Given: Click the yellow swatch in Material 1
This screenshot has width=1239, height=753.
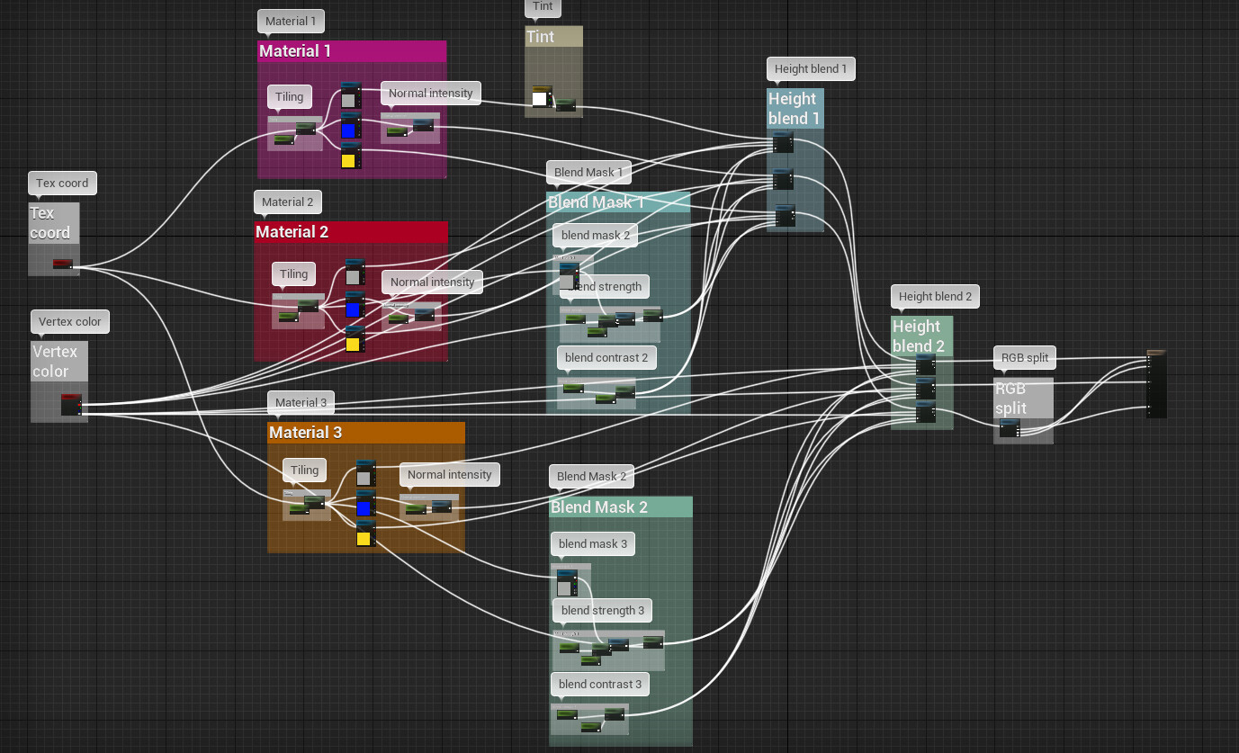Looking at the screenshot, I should click(348, 161).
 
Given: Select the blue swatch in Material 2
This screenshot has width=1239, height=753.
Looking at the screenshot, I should click(353, 309).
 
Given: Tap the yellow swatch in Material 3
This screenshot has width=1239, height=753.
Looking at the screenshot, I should click(364, 539).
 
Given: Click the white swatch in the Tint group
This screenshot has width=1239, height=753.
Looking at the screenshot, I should click(540, 99).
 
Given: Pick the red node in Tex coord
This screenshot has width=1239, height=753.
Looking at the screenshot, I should click(62, 264).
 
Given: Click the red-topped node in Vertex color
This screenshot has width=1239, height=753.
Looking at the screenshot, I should click(71, 405).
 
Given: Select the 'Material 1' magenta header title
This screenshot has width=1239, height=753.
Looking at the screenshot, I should click(295, 51).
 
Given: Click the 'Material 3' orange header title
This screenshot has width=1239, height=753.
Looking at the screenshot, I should click(306, 433).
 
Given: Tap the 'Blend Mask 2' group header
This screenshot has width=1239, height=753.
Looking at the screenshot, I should click(599, 507).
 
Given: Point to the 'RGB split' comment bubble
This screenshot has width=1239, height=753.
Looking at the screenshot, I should click(1025, 357).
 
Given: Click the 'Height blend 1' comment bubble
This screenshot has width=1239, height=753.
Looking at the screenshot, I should click(811, 68).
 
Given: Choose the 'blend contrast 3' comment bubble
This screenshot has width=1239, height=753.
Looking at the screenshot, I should click(600, 684).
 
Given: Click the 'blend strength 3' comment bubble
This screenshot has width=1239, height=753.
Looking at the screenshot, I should click(603, 610).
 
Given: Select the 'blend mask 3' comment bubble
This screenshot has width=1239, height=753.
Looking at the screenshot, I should click(593, 543).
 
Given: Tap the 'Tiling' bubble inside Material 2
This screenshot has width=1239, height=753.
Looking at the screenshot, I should click(293, 273).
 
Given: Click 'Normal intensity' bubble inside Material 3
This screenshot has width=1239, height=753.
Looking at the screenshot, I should click(450, 474).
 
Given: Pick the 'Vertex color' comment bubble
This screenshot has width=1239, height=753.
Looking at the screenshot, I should click(70, 321).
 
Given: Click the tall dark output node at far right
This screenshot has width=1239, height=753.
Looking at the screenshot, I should click(1156, 384).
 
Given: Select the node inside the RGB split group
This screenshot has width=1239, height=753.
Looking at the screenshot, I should click(1010, 429).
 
